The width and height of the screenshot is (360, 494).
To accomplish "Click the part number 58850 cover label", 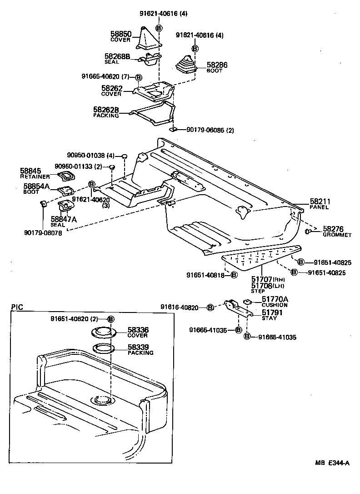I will coord(120,36).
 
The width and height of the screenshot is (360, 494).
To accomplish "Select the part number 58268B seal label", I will coord(118,58).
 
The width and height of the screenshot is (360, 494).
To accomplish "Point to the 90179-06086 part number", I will coord(210,130).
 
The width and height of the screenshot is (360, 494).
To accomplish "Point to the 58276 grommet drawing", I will coord(308,232).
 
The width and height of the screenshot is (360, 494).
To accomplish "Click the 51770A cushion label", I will coord(275,302).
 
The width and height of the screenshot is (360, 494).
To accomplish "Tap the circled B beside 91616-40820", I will coord(210,308).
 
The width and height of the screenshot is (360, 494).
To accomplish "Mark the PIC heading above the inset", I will coord(16,307).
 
